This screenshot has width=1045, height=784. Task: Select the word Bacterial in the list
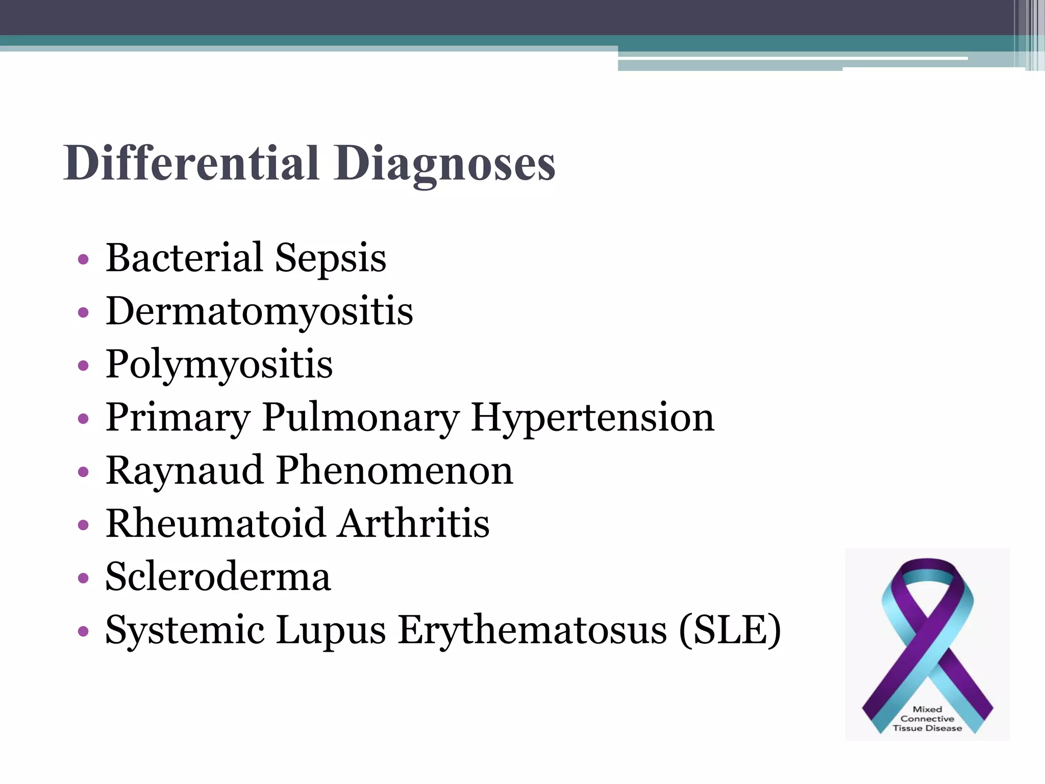click(184, 257)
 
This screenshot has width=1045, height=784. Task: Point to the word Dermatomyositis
click(259, 311)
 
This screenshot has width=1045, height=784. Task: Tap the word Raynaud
click(184, 471)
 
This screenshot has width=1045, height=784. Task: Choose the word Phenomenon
click(394, 470)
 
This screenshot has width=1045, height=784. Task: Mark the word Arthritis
click(414, 523)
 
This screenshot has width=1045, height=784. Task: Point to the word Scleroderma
click(218, 576)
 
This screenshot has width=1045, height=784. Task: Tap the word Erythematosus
click(532, 630)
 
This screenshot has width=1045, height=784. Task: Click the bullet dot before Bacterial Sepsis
click(83, 259)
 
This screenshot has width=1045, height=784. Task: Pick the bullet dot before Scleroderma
click(83, 578)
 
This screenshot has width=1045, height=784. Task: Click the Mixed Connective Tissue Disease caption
click(927, 719)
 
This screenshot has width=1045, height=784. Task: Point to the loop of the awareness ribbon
click(928, 587)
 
